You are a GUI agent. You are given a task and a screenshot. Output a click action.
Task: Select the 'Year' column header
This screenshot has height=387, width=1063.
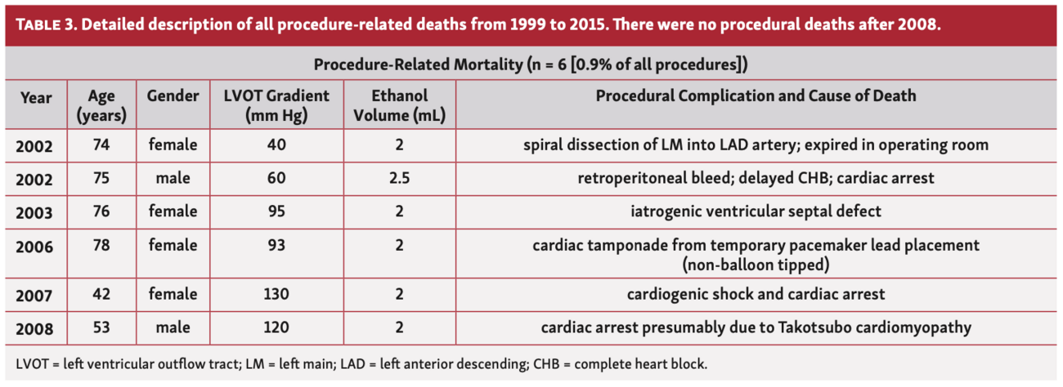click(36, 97)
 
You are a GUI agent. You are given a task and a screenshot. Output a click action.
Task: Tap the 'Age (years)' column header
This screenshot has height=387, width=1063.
click(101, 105)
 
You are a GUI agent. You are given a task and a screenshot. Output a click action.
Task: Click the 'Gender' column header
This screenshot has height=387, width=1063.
click(173, 96)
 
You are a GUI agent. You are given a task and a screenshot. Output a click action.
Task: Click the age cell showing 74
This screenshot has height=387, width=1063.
click(101, 145)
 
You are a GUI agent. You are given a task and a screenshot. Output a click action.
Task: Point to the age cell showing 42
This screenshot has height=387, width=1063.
click(101, 293)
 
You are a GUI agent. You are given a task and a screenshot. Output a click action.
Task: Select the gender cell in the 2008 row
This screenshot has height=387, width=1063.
click(173, 327)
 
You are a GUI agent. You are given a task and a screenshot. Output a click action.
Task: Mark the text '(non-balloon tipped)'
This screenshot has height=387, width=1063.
click(756, 265)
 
